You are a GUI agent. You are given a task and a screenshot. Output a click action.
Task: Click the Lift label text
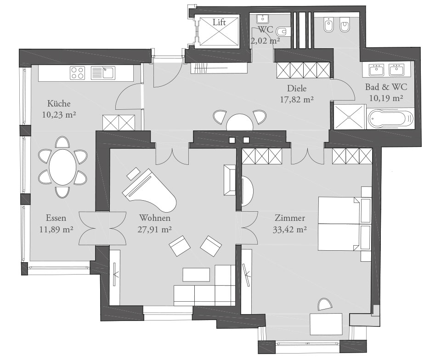click(219, 22)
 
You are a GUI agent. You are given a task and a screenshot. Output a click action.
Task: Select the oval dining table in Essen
click(63, 167)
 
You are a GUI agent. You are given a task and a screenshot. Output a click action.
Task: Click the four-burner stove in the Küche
click(77, 73)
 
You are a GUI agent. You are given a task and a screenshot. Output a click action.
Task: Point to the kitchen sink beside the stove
click(103, 73)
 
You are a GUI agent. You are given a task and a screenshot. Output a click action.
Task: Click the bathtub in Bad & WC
click(391, 119)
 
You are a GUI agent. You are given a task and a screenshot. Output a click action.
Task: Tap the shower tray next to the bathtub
click(349, 117)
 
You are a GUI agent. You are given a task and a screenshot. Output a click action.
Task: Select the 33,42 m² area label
click(290, 230)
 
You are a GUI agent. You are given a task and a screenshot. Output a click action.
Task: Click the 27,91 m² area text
click(155, 230)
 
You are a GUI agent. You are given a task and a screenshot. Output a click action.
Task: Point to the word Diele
click(297, 89)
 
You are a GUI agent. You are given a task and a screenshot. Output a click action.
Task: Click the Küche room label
click(59, 103)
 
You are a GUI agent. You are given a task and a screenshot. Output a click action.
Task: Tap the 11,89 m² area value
click(56, 230)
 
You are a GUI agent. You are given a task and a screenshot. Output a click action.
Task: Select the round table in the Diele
click(240, 121)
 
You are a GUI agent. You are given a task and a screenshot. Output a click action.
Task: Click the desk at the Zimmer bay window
click(326, 324)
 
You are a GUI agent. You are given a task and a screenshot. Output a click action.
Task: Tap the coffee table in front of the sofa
click(196, 275)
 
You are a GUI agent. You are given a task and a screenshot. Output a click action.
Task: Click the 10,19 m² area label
click(386, 98)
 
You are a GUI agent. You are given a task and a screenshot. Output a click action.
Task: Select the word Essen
click(56, 218)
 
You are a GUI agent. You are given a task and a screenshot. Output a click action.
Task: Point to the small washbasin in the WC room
click(263, 19)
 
